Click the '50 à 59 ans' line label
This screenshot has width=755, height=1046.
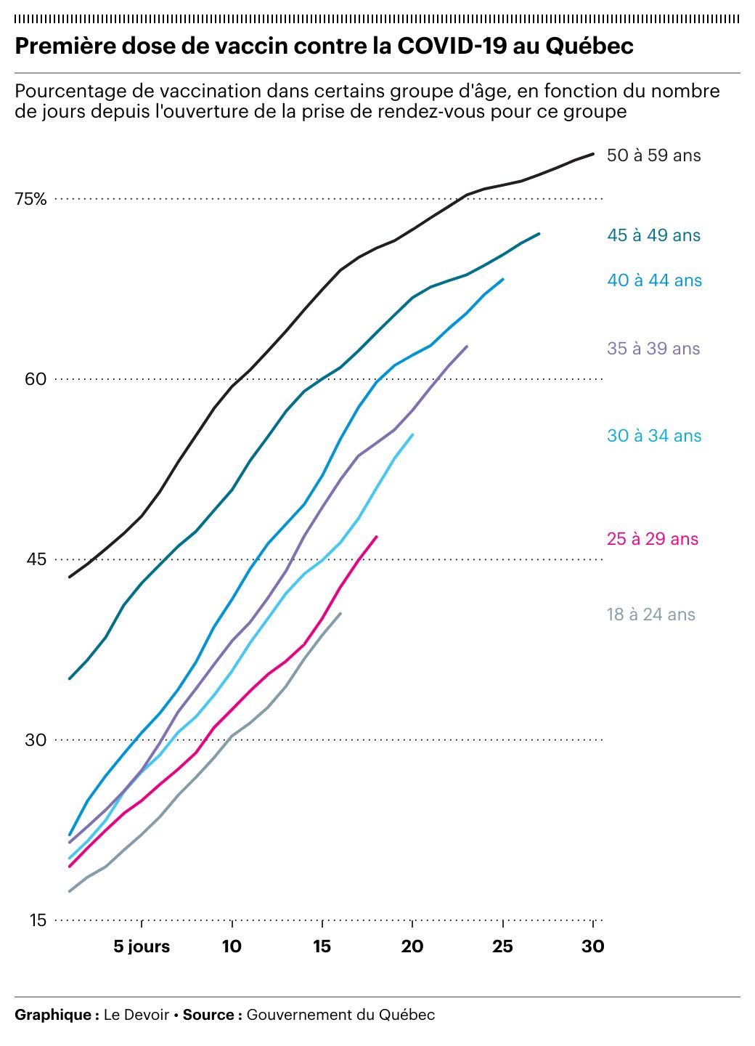653,155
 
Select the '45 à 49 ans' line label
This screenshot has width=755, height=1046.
653,235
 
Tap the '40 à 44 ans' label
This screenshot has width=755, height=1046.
654,280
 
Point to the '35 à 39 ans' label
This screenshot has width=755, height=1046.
653,349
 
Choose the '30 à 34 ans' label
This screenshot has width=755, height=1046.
654,436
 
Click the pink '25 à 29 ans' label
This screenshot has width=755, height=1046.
652,539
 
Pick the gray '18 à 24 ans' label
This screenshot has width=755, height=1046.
650,615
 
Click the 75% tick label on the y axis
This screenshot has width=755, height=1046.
30,199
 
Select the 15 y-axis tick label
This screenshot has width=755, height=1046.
37,920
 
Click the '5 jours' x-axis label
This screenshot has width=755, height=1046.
142,946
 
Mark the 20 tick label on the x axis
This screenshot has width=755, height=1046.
412,946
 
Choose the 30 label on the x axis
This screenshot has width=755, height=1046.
593,946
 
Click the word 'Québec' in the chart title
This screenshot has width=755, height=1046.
589,46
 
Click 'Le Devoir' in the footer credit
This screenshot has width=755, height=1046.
136,1015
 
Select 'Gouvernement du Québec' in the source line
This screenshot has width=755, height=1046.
340,1015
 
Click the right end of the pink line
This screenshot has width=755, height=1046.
376,537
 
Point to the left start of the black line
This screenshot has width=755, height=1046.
70,577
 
